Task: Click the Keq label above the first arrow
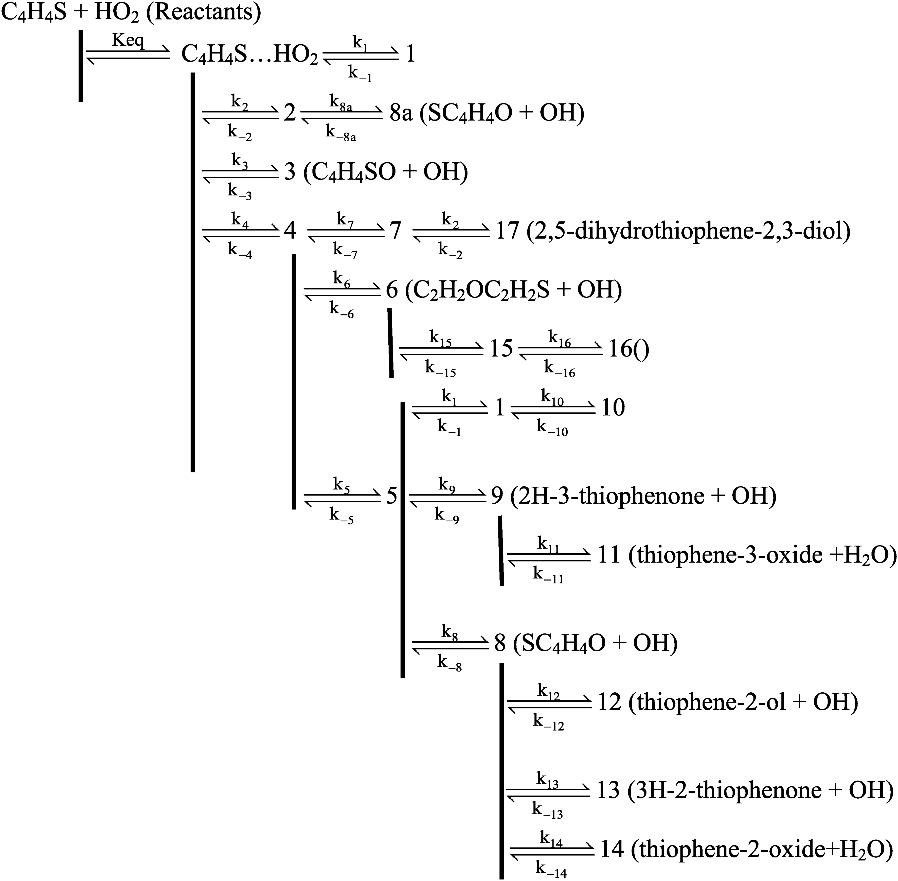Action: pyautogui.click(x=128, y=41)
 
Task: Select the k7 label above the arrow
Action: pyautogui.click(x=345, y=219)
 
